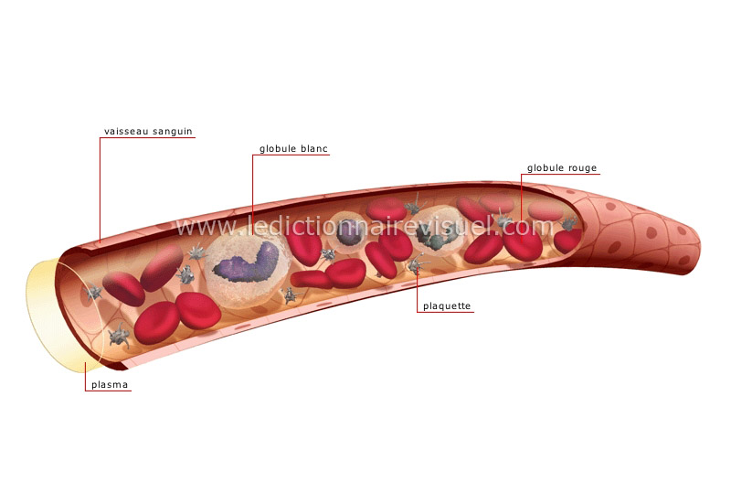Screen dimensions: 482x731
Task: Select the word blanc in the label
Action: (311, 149)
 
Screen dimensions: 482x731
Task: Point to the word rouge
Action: (581, 168)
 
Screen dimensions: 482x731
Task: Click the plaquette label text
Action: (448, 307)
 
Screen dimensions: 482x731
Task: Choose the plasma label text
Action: (111, 385)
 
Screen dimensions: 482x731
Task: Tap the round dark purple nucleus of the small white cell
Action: (349, 231)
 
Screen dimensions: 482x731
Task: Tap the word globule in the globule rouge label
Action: (546, 168)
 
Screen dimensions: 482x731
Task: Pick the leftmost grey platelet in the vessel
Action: (93, 294)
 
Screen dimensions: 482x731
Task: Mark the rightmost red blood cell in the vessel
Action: (567, 240)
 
